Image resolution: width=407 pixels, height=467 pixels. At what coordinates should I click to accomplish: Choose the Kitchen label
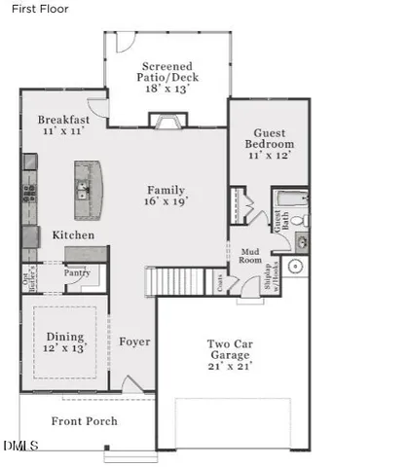[73, 235]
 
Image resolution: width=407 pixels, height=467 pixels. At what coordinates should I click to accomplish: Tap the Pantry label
[77, 273]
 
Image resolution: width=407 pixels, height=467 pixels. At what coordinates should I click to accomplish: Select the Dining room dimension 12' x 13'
[65, 347]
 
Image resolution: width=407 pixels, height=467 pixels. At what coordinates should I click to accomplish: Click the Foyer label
[135, 341]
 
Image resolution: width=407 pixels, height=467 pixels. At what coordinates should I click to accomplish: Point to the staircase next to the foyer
[165, 281]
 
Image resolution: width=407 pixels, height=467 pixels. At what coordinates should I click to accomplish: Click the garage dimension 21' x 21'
[232, 365]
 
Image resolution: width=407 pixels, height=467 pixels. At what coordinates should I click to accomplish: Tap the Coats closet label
[220, 282]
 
